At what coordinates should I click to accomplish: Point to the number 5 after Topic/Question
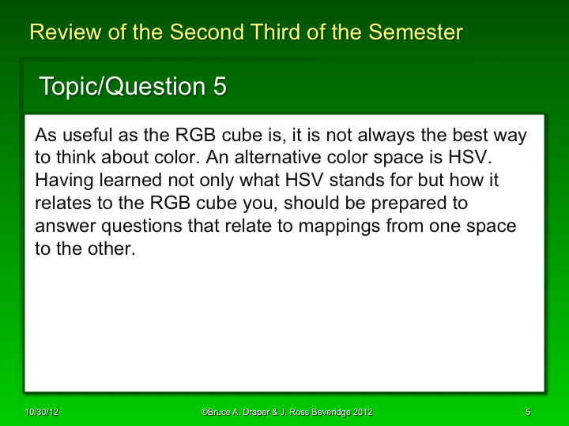[x=220, y=87]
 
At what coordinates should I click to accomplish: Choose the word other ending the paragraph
[x=111, y=249]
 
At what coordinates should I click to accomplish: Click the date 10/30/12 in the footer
[x=40, y=413]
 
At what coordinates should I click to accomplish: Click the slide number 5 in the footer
[x=526, y=413]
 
